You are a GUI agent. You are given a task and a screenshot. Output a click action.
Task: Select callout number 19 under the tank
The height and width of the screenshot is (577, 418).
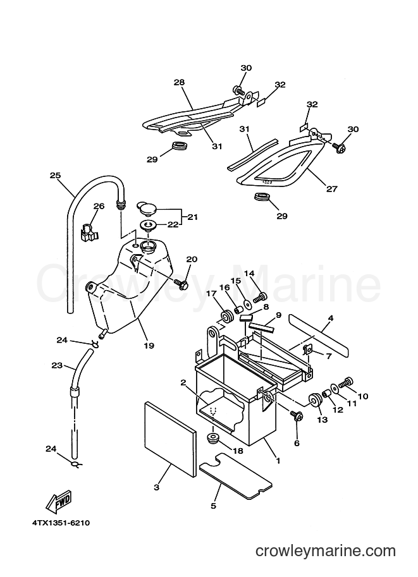click(149, 346)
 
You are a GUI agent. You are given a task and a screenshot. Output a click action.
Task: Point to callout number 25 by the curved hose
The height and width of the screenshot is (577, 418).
click(55, 176)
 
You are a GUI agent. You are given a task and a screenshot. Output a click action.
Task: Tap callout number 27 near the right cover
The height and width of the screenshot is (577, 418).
click(331, 189)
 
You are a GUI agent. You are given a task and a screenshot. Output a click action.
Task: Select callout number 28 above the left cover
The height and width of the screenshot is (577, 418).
click(179, 82)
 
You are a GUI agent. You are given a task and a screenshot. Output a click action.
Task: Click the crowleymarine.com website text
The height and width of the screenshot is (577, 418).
click(326, 551)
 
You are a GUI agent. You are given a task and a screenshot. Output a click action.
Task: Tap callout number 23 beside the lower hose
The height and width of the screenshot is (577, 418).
click(57, 366)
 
